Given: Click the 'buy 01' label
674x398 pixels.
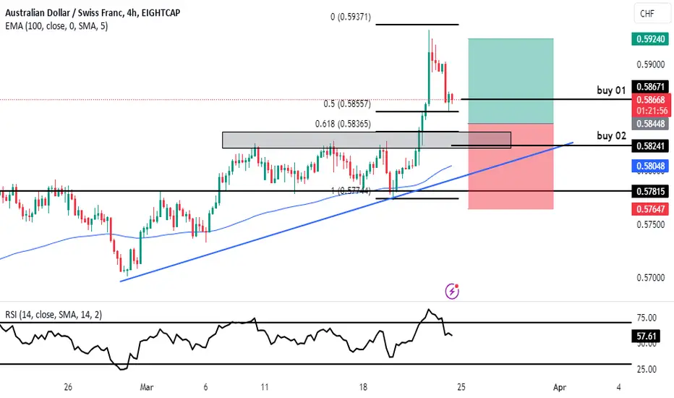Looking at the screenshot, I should [610, 90].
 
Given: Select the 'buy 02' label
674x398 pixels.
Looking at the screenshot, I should [610, 135].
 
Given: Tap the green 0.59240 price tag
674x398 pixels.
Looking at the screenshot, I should [651, 39].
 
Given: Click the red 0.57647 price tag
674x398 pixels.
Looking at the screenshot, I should [651, 209].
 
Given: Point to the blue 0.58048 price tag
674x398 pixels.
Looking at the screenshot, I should [651, 166].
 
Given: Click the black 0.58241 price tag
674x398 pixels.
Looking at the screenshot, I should [651, 145].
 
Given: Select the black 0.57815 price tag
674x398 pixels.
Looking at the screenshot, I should [651, 191].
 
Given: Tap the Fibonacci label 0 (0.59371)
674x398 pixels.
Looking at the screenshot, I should [350, 17].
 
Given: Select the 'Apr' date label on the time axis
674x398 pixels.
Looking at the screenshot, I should [558, 386].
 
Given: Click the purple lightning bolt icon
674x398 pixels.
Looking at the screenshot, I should [453, 291].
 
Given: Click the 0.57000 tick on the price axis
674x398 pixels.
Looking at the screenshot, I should [651, 277].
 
